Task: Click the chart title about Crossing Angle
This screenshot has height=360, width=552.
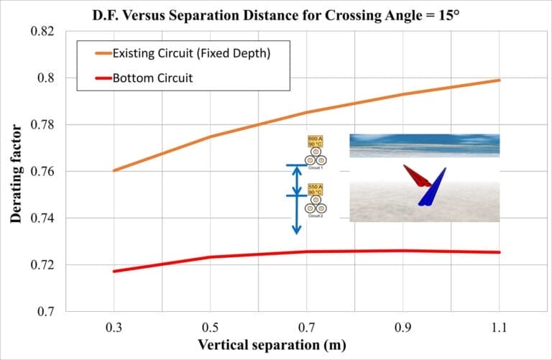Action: point(275,15)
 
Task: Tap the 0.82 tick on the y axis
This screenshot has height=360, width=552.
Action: point(44,31)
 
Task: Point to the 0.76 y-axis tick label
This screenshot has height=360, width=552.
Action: point(44,171)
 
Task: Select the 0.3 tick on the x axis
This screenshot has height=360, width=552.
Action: point(114,327)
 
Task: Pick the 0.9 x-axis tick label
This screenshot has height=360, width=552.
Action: point(402,327)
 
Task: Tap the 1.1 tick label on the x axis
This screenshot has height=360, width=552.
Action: point(499,327)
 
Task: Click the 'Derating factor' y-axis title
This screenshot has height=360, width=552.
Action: point(16,173)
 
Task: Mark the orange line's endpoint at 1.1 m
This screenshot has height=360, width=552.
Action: point(499,80)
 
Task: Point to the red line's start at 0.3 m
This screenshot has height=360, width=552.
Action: point(114,271)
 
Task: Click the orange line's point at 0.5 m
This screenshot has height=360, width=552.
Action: point(210,137)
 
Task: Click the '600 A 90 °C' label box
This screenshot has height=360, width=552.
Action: point(315,140)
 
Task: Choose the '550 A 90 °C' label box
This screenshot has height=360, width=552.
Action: point(315,189)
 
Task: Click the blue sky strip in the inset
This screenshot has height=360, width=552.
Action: point(424,144)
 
